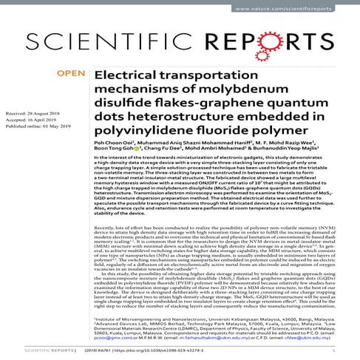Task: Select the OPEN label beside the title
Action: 72,74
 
